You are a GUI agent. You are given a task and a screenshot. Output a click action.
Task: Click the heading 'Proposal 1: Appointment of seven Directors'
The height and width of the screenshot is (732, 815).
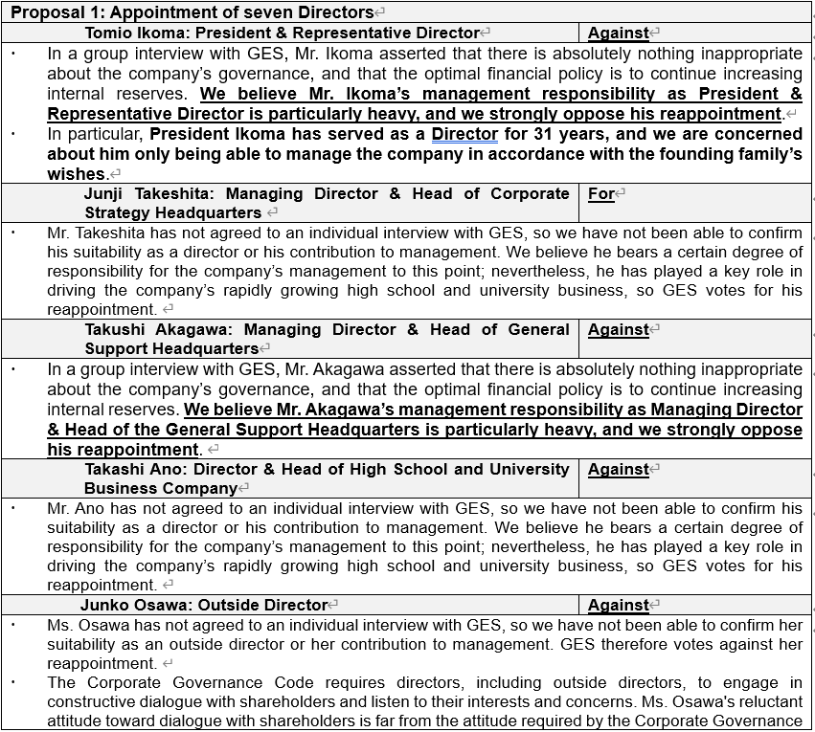[x=192, y=12]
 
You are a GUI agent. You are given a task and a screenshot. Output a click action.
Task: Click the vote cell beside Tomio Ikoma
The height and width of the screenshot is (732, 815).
[x=618, y=33]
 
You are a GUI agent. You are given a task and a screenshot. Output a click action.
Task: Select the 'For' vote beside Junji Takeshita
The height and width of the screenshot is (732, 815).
[x=601, y=193]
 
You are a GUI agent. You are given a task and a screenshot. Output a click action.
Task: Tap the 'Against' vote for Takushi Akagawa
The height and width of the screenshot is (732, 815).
[x=618, y=329]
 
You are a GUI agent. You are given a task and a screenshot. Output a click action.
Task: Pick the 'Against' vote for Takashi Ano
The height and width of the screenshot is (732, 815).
[x=618, y=469]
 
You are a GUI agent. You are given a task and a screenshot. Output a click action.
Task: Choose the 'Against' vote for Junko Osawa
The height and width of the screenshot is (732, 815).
[x=618, y=605]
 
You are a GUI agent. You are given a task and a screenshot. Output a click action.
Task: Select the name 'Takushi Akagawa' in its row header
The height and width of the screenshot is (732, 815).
[x=153, y=329]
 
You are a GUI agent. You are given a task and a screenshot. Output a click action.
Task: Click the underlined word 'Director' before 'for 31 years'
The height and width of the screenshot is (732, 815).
[x=464, y=134]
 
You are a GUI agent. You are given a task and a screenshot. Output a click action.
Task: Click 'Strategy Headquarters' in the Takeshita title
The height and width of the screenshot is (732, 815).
[x=172, y=212]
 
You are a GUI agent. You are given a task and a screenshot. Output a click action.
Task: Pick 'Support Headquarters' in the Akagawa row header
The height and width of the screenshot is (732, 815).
[x=170, y=348]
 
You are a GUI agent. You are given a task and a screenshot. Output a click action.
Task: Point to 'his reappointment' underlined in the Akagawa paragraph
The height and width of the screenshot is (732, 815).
[x=122, y=449]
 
